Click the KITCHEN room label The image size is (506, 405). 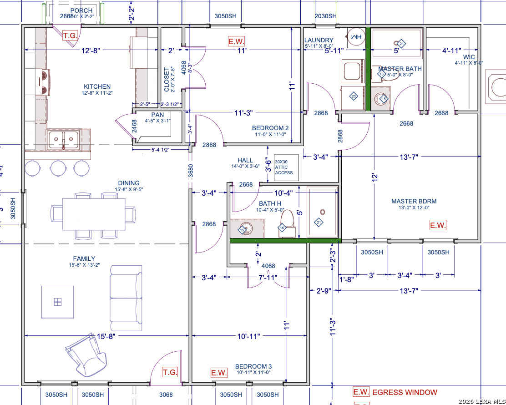tap(97, 86)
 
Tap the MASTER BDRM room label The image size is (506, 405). tap(410, 201)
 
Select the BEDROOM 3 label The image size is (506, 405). tap(253, 366)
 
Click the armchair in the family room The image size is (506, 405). tap(86, 356)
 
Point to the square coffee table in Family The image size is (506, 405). tap(58, 302)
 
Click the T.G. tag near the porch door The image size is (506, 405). tap(70, 35)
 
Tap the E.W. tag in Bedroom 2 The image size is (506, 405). tap(237, 41)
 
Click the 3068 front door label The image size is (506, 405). tap(166, 395)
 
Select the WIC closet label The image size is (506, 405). tap(469, 57)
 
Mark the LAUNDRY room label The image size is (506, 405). tap(319, 40)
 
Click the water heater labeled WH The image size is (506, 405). tap(356, 36)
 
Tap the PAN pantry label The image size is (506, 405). tap(157, 115)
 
